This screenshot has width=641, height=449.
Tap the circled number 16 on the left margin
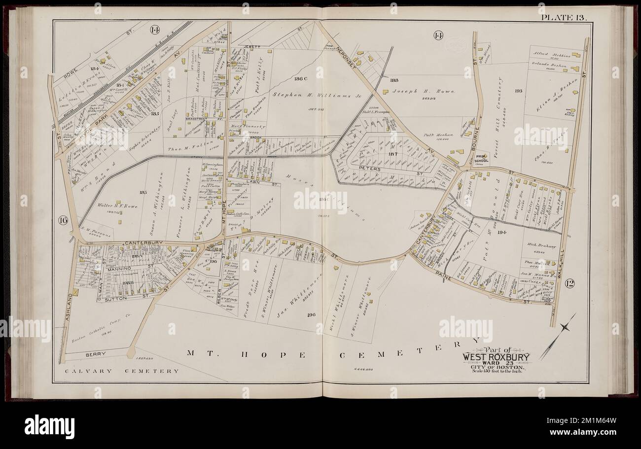63,220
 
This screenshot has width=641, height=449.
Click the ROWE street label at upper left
73,74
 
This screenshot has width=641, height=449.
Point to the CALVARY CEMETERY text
116,371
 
